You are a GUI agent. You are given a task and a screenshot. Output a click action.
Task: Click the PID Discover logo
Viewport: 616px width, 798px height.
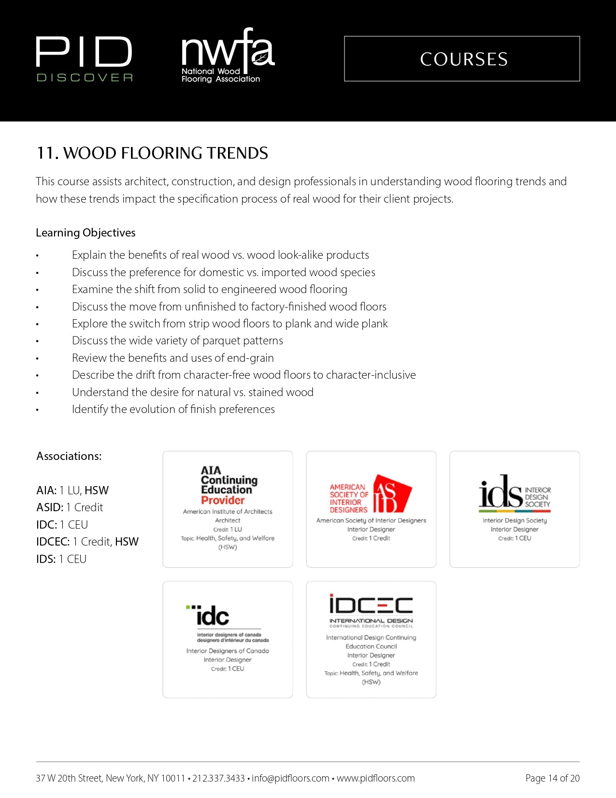click(x=85, y=59)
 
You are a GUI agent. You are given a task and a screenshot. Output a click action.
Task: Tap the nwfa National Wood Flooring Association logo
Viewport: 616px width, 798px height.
click(x=227, y=56)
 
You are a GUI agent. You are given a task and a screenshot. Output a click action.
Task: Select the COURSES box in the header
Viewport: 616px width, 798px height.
click(x=462, y=59)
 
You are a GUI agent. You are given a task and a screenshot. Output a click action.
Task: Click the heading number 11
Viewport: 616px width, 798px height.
click(x=47, y=153)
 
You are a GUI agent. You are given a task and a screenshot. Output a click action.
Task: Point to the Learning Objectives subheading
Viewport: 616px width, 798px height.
click(x=86, y=233)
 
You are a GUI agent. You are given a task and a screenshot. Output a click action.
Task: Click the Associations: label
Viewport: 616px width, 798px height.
click(x=69, y=456)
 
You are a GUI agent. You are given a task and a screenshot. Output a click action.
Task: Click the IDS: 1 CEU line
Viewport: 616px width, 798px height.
click(x=61, y=559)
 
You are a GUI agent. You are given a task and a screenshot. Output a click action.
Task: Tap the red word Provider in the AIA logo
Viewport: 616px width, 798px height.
click(x=223, y=501)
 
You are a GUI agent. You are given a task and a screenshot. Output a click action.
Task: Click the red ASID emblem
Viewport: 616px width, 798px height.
click(x=392, y=494)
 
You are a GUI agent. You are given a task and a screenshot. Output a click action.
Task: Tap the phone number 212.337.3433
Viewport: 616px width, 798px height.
click(x=218, y=778)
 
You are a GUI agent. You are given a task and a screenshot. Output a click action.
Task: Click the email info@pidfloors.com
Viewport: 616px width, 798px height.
click(x=290, y=778)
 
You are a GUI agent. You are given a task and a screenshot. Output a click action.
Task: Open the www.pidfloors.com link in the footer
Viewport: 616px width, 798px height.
click(x=375, y=778)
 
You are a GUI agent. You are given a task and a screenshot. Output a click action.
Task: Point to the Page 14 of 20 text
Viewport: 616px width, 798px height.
click(x=552, y=778)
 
